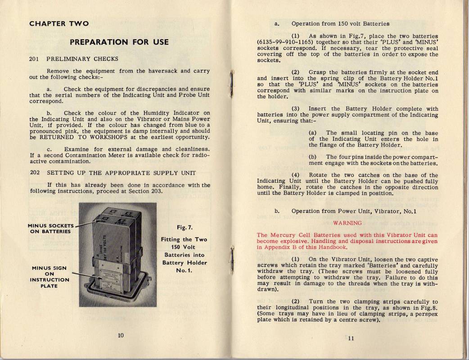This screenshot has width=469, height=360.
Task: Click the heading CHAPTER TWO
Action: [59, 23]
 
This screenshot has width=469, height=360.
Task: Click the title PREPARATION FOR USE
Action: [120, 42]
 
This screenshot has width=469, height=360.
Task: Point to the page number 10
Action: [121, 335]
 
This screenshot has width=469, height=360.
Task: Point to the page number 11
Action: [351, 339]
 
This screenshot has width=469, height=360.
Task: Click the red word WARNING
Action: [347, 223]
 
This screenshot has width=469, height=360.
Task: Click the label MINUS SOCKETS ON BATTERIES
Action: [50, 228]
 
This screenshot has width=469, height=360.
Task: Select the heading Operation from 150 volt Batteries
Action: [340, 23]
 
